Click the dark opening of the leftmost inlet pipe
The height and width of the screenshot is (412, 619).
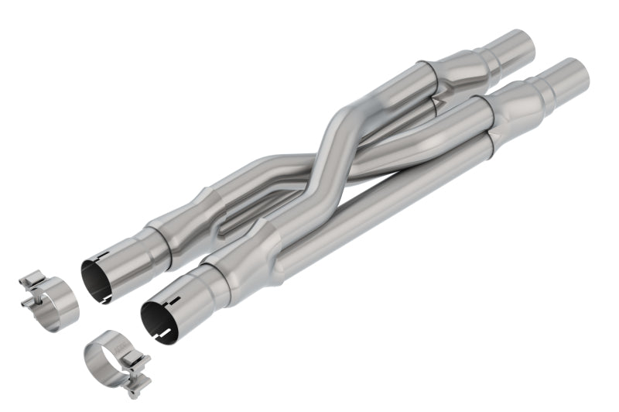click(101, 279)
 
